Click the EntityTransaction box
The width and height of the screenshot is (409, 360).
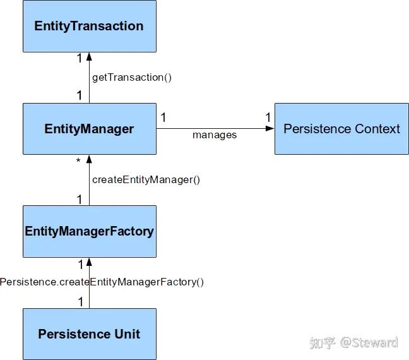90,26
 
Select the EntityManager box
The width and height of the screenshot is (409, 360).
90,129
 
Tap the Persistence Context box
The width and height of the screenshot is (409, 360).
341,129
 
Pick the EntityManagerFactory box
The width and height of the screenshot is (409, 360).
90,231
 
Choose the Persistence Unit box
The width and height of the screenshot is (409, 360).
90,334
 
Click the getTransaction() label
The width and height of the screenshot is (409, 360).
132,78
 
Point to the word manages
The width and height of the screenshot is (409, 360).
215,135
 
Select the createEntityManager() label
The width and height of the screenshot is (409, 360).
146,180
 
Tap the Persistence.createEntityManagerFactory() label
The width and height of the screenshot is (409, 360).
102,282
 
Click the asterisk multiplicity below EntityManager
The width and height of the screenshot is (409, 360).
78,160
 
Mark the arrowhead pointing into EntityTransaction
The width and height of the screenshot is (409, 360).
89,56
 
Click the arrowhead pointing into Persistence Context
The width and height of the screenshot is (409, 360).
270,128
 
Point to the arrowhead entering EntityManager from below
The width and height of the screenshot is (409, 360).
89,159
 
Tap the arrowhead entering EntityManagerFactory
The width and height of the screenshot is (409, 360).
89,262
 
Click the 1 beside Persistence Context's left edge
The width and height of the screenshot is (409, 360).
268,117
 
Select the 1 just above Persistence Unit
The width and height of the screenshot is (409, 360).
81,302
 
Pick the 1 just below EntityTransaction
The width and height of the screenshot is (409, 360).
80,58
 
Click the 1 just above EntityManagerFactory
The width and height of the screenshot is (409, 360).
80,200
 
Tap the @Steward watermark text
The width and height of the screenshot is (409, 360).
369,342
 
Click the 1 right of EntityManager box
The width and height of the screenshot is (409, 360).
163,117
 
